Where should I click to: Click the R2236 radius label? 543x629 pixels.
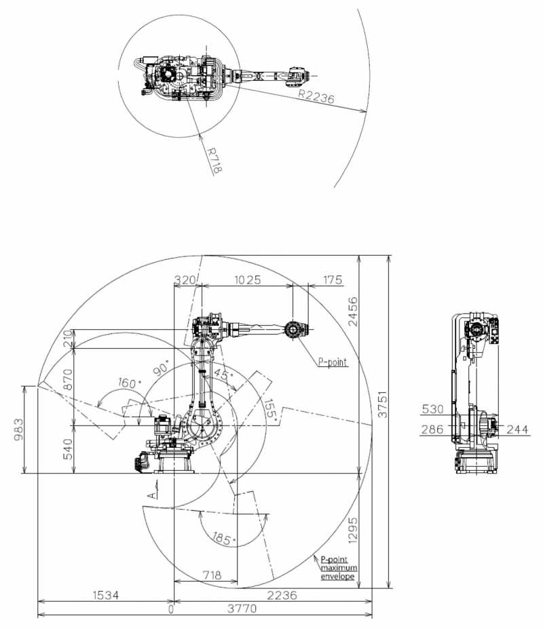pos(316,96)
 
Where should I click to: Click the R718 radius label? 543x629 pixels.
pos(214,160)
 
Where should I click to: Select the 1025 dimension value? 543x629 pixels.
pos(247,280)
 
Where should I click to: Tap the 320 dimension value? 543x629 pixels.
pos(185,280)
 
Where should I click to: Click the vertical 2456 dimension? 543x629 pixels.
pos(353,311)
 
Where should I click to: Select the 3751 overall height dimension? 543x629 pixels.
pos(383,404)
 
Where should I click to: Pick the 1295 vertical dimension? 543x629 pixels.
pos(353,531)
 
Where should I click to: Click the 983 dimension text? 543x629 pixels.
pos(18,430)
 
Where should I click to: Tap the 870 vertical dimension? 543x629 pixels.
pos(69,379)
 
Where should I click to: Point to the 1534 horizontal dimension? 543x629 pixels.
pos(106,595)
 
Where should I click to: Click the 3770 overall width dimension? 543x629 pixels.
pos(242,609)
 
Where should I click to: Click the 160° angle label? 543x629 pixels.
pos(129,383)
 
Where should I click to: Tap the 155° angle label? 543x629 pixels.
pos(271,409)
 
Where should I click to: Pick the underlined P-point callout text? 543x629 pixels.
pos(333,362)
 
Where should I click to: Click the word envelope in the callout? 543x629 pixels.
pos(338,577)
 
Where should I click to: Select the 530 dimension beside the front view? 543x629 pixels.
pos(432,409)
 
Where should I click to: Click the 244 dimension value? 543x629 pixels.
pos(517,430)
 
